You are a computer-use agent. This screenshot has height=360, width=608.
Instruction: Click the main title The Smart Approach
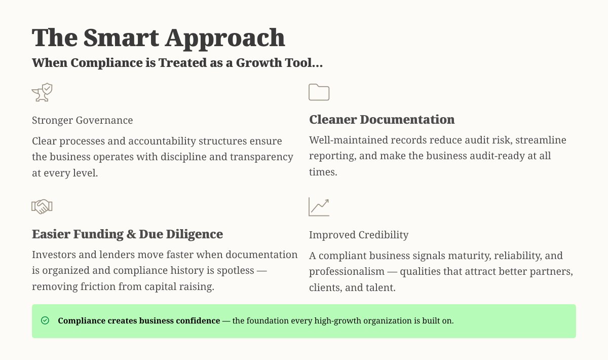click(x=158, y=38)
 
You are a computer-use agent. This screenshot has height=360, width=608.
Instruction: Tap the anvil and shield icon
click(x=43, y=93)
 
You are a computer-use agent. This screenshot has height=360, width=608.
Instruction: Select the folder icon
click(x=319, y=92)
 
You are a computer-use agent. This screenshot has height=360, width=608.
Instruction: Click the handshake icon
click(x=42, y=206)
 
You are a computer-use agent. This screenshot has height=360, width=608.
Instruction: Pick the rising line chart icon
click(x=319, y=206)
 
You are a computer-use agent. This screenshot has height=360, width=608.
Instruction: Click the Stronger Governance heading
click(x=82, y=120)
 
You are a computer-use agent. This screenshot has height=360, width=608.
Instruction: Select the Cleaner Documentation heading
click(x=382, y=120)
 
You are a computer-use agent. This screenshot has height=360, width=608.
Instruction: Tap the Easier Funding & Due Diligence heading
click(x=127, y=234)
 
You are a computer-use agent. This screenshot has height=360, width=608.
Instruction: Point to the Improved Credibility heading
click(x=358, y=235)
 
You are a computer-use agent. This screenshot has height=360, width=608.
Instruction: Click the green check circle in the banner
click(x=45, y=320)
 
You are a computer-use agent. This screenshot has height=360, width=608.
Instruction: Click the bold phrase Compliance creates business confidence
click(x=139, y=321)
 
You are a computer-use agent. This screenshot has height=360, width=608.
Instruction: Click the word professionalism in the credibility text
click(x=351, y=271)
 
